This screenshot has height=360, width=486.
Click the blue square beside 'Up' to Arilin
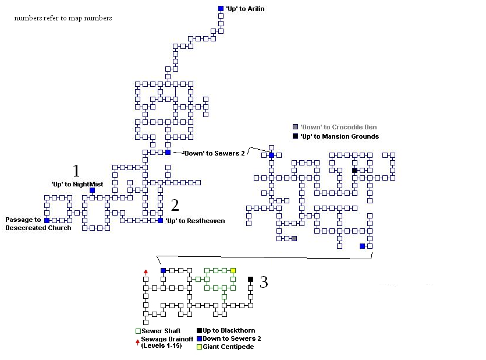coord(221,9)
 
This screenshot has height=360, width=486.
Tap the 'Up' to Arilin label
coord(241,9)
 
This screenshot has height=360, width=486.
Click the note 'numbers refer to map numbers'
coord(63,18)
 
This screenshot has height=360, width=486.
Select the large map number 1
coord(76,171)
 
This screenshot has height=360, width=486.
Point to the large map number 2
coord(175,205)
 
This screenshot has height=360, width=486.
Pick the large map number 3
coord(264,283)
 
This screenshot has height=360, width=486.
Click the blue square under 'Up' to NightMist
coord(92,190)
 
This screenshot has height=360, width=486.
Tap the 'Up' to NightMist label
coord(77,184)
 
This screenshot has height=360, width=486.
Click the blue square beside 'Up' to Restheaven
coord(160,221)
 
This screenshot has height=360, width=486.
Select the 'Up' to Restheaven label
coord(194,221)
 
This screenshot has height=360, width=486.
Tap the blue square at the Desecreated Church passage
coord(47,221)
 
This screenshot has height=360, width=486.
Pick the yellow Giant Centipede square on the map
coord(233,270)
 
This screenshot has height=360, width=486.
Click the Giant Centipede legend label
coord(228,347)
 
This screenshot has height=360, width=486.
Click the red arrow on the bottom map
coord(146,272)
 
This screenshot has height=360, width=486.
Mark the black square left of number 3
coord(250,280)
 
